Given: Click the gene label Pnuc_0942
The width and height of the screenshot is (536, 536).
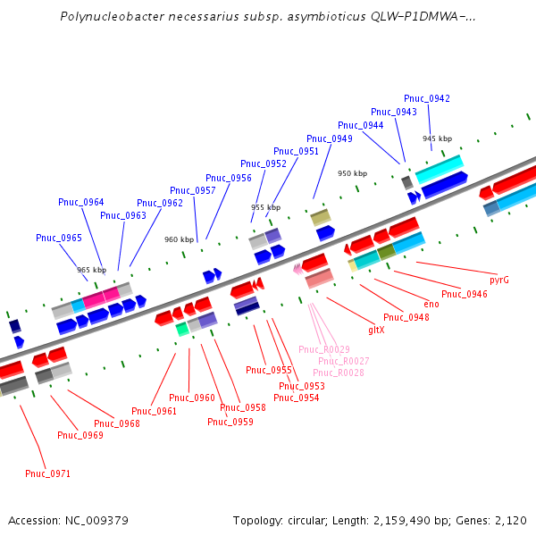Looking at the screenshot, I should pos(427,98).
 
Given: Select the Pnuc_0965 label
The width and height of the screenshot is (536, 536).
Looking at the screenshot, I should pos(59,238).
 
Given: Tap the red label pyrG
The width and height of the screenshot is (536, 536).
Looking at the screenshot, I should pos(499,280).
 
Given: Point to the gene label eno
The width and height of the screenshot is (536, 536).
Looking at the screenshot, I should pos(431,304).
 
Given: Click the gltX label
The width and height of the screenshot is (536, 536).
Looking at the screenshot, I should pos(376,330).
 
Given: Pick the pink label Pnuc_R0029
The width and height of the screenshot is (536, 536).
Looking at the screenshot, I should pos(323,349).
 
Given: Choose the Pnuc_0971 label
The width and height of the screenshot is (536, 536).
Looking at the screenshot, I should pos(47,473).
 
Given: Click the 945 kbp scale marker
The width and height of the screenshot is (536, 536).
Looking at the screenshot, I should pos(438,138).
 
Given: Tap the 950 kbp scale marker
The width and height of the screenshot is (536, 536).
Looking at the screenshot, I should pos(352,173).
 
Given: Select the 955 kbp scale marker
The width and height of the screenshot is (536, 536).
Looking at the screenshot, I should pos(265,207).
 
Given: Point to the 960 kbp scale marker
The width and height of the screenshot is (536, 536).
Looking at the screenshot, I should pos(179,239).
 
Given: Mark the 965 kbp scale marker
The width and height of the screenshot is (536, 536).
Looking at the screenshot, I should pos(91,269).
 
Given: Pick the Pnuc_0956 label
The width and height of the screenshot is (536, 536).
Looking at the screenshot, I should pos(229,178).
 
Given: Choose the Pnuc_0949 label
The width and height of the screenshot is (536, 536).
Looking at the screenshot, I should pos(330,138).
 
